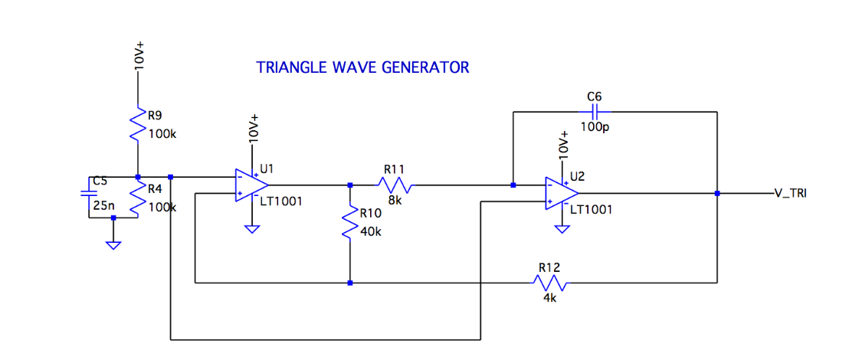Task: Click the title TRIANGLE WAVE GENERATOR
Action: pyautogui.click(x=362, y=67)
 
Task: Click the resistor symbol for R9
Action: pyautogui.click(x=138, y=124)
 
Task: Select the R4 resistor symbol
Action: pyautogui.click(x=138, y=198)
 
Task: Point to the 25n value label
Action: pyautogui.click(x=103, y=206)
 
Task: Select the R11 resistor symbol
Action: pyautogui.click(x=394, y=185)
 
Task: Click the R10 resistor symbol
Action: pyautogui.click(x=350, y=224)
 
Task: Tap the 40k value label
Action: pyautogui.click(x=370, y=232)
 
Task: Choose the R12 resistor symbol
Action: pyautogui.click(x=549, y=283)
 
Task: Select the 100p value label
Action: pyautogui.click(x=595, y=126)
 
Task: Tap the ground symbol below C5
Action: pyautogui.click(x=113, y=245)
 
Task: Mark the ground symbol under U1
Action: pyautogui.click(x=251, y=228)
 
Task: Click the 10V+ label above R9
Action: pyautogui.click(x=139, y=53)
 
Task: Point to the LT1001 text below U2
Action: pyautogui.click(x=591, y=209)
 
